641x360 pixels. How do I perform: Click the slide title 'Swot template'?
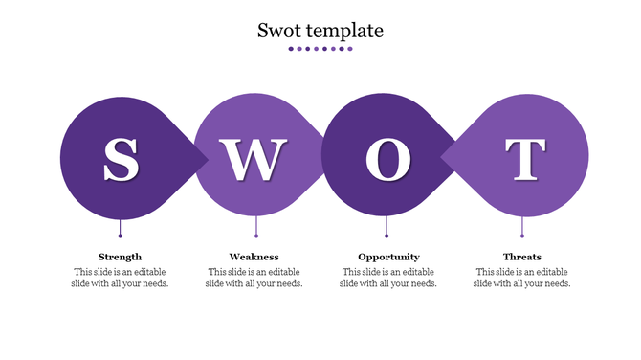click(320, 31)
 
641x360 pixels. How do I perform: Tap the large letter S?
click(121, 159)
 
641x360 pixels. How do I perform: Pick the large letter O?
click(387, 159)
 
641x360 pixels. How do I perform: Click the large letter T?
click(524, 159)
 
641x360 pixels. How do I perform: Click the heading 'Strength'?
click(121, 257)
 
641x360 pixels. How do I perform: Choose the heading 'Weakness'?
click(254, 257)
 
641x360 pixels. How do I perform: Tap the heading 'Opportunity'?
click(388, 257)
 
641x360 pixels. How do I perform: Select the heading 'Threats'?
click(522, 257)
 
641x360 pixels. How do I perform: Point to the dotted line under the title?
click(320, 48)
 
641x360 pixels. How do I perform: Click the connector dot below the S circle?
click(121, 235)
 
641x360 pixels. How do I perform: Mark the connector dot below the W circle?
click(256, 235)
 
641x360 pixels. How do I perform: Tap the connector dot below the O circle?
click(387, 235)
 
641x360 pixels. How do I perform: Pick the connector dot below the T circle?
click(522, 235)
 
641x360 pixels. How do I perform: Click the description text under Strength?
click(121, 278)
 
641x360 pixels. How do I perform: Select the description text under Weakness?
click(254, 278)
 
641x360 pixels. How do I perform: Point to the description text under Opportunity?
click(388, 278)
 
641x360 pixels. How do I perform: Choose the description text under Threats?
click(522, 278)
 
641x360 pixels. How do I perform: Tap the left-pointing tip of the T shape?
click(444, 157)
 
